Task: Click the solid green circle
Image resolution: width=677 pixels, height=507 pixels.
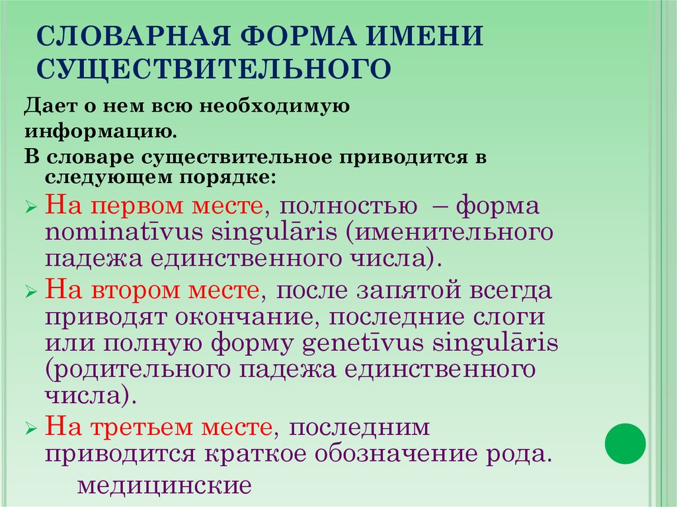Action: pos(625,443)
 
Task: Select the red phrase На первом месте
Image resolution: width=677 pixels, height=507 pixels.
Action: pos(153,206)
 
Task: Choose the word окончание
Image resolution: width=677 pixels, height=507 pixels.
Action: pos(248,317)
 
